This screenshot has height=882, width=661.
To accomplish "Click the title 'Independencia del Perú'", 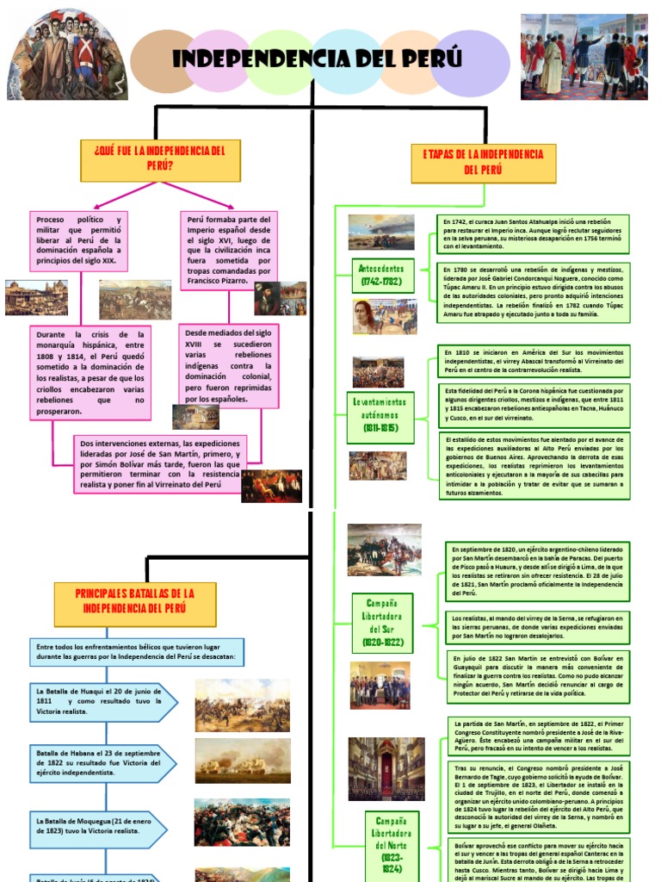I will (x=317, y=59).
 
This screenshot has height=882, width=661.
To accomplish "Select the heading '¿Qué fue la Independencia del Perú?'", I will (x=160, y=159).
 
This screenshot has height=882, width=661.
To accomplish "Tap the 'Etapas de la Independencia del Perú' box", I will (x=483, y=162).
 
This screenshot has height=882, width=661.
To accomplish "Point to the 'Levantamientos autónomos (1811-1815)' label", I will (x=383, y=414).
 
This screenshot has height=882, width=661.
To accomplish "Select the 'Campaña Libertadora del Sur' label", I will (x=382, y=623).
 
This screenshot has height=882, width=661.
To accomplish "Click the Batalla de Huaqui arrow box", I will (x=102, y=702).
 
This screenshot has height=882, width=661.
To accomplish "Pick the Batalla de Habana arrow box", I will (x=102, y=762).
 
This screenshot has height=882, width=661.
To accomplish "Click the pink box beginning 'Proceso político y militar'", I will (x=79, y=241).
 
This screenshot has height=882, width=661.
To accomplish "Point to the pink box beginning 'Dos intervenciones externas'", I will (x=160, y=463).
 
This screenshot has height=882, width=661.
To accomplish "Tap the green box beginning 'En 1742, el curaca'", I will (x=533, y=233).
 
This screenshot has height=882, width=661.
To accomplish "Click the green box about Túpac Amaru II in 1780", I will (x=533, y=291).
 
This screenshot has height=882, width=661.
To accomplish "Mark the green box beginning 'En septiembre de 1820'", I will (x=537, y=570).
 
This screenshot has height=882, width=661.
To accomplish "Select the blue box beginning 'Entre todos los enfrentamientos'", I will (x=137, y=652).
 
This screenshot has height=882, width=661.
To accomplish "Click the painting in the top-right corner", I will (x=584, y=57).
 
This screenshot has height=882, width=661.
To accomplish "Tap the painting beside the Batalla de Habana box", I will (x=242, y=761).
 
